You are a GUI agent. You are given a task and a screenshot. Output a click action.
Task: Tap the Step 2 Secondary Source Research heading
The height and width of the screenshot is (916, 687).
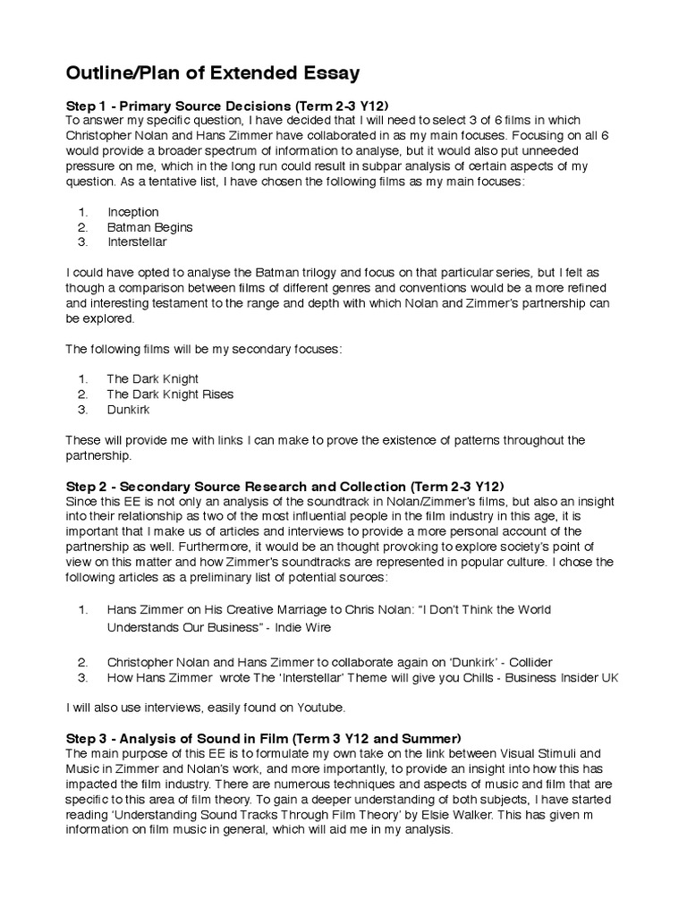point(285,485)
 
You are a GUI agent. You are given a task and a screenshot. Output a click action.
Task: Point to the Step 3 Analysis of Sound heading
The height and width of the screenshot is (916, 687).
point(264,738)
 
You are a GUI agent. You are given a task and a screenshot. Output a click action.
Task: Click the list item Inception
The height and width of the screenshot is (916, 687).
point(132,212)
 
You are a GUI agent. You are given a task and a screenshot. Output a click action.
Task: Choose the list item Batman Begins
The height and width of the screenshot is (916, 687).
point(149,227)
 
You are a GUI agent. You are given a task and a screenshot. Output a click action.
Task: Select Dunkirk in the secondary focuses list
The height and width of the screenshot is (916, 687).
point(129,409)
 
